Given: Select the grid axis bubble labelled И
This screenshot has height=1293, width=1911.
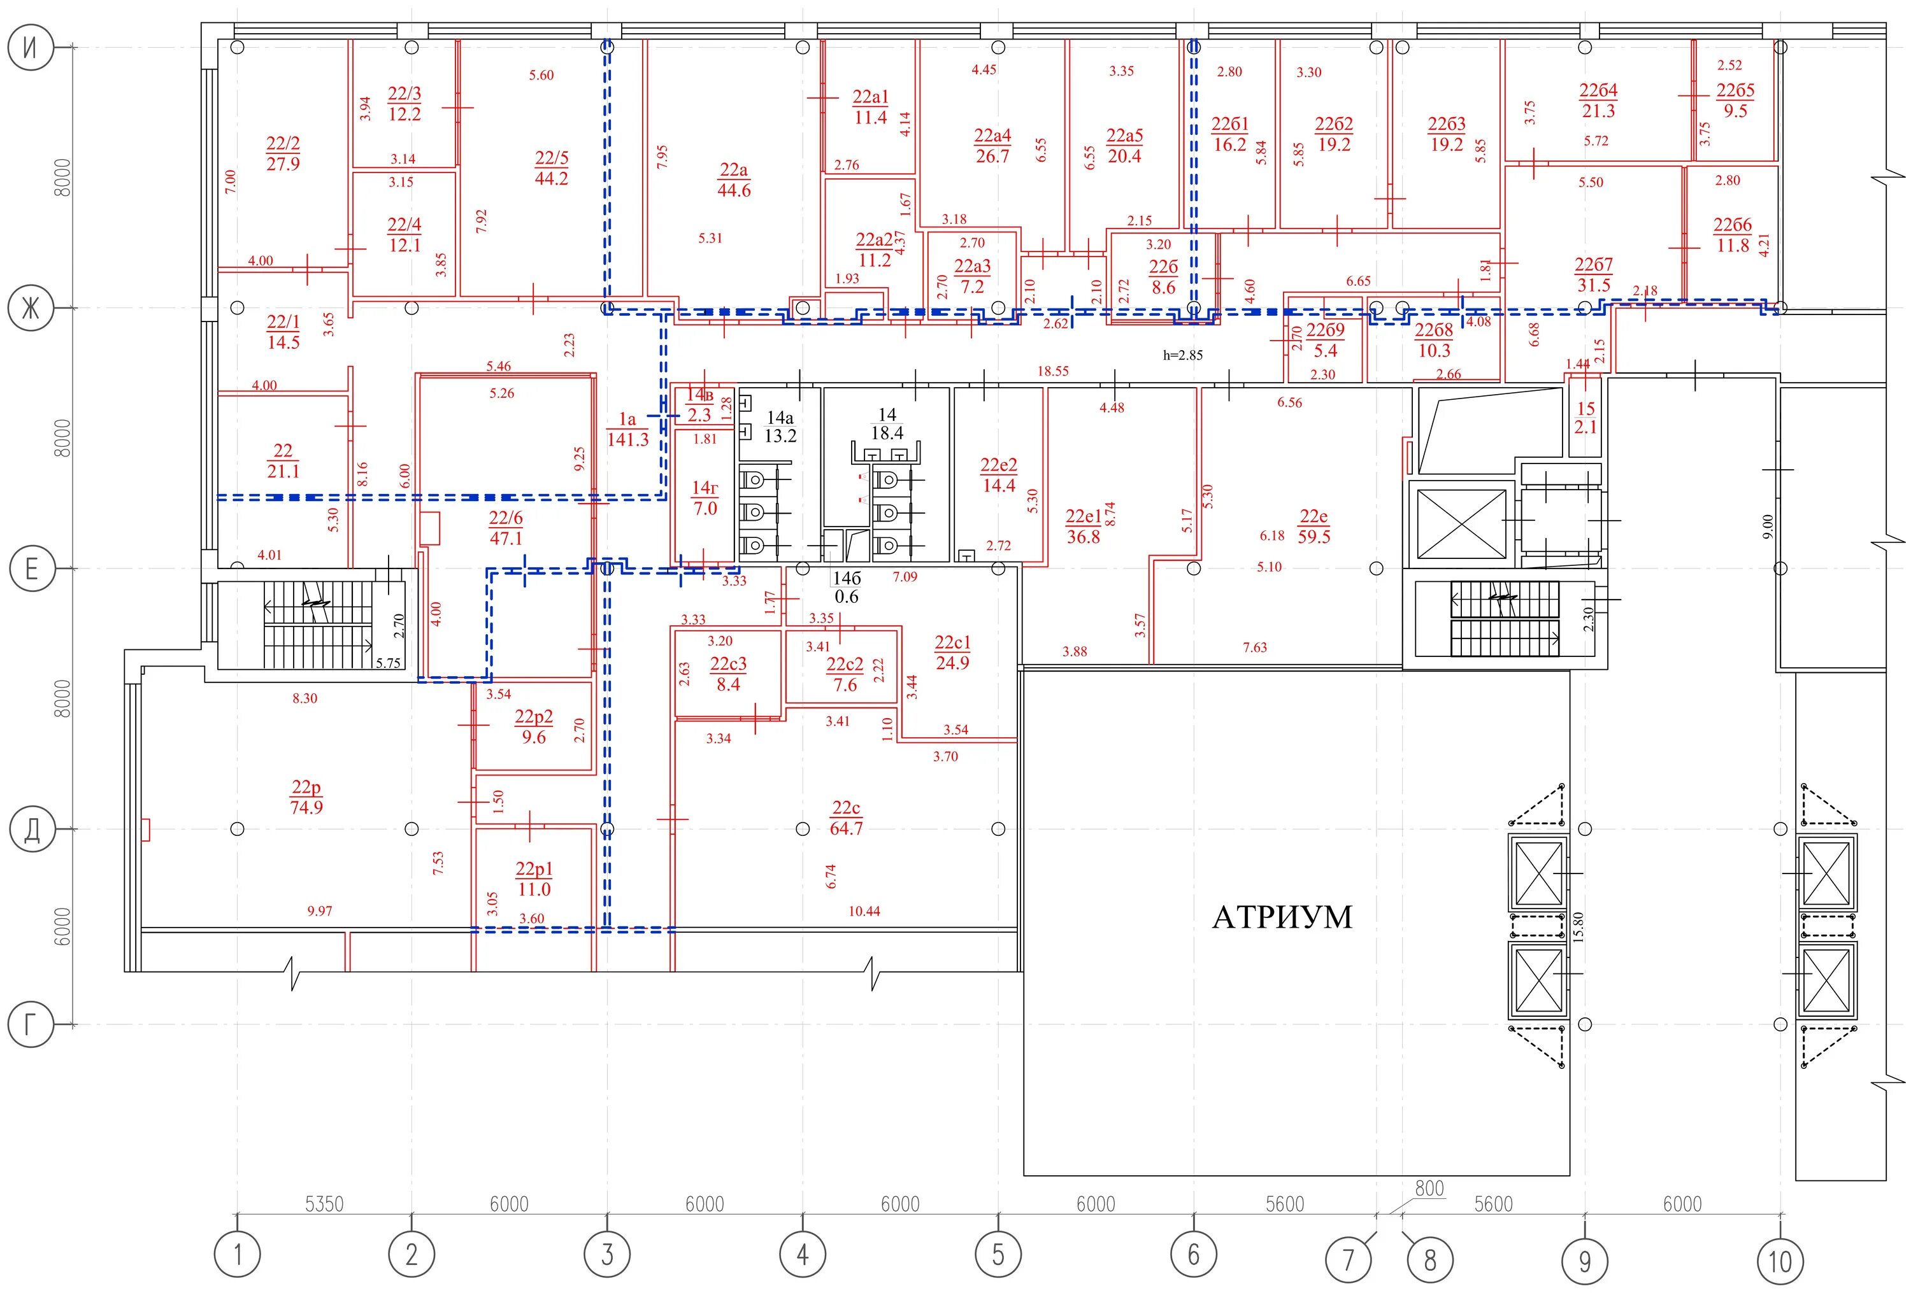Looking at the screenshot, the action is point(31,47).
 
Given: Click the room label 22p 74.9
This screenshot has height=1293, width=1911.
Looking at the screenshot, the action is point(306,796).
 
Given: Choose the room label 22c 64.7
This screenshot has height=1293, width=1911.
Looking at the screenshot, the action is point(846,818).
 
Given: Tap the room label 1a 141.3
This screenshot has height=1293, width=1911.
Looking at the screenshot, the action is point(627,430).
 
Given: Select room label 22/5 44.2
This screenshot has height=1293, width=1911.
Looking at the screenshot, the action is point(551,167).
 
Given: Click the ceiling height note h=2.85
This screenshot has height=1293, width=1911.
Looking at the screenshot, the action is point(1182,355).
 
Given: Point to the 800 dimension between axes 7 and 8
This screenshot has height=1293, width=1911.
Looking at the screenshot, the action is point(1429,1188).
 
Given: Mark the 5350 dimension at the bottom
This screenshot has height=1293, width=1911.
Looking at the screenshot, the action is point(324,1205).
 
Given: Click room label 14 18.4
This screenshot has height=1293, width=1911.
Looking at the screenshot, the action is point(887,424).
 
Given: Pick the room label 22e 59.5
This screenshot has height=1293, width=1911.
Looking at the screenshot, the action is point(1313,526).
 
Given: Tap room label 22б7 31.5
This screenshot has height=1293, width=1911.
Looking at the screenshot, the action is point(1594,274).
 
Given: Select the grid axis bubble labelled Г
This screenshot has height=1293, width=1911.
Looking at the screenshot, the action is point(31,1024).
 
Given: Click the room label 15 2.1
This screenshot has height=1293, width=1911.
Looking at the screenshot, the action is point(1585,418).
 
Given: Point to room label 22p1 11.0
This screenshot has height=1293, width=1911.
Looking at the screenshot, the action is point(534,879).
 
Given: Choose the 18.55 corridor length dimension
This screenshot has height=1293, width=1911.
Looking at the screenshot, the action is point(1052,371).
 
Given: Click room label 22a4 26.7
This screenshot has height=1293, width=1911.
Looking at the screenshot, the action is point(992,146).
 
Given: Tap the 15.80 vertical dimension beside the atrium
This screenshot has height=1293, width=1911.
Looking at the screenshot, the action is point(1578,926).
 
